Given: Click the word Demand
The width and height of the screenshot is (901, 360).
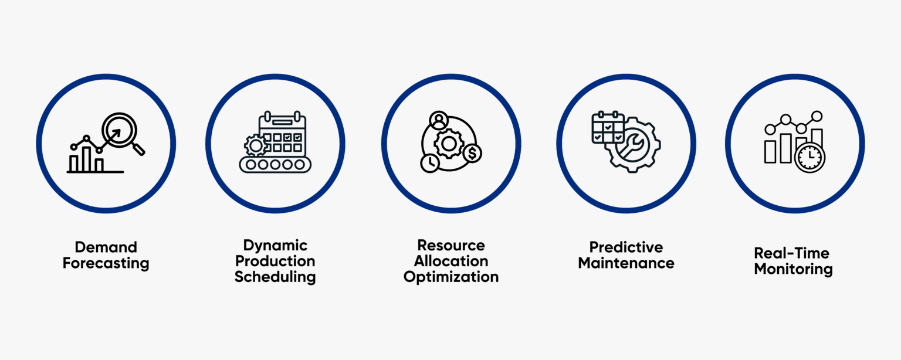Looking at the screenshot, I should [x=106, y=247].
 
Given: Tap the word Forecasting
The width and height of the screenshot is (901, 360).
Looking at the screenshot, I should [x=106, y=263].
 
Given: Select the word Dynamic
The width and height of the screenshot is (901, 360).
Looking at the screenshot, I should [x=275, y=245].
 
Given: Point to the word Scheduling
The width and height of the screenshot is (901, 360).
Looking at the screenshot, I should [x=275, y=277].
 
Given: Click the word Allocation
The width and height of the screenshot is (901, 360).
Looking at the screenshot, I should [x=450, y=261].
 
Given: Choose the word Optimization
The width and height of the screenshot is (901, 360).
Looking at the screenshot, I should [x=450, y=277].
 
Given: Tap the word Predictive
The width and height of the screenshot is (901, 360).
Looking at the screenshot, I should [x=626, y=247].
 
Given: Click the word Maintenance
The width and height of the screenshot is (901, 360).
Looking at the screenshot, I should [x=626, y=263].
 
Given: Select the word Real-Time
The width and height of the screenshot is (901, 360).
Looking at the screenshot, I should [x=792, y=253].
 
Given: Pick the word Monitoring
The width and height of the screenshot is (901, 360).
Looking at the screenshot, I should [x=793, y=269].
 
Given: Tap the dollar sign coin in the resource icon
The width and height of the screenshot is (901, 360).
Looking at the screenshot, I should [x=472, y=154].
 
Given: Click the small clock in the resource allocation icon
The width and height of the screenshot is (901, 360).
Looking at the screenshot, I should [x=429, y=162].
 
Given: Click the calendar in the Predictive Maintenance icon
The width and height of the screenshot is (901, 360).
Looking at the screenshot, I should [x=608, y=128].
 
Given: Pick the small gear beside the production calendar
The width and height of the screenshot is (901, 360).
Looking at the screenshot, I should [x=255, y=144].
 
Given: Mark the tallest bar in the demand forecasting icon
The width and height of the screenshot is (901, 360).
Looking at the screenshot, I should [x=86, y=158].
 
